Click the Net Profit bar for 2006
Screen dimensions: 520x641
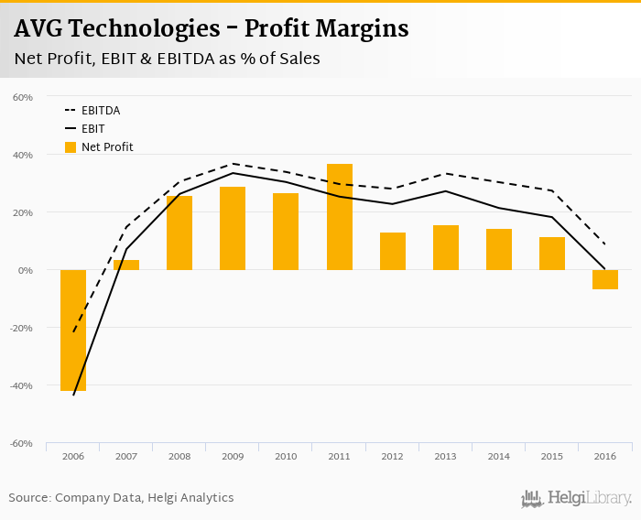73,330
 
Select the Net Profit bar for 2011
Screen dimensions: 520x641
339,217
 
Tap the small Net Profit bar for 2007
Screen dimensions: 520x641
126,265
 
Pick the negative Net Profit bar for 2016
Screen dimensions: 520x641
604,279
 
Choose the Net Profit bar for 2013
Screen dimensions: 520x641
445,247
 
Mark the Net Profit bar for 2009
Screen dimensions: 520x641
233,228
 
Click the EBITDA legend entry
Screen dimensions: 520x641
101,111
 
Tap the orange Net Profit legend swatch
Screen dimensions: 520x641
71,147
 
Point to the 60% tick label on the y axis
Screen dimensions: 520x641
23,97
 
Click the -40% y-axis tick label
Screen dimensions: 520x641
22,385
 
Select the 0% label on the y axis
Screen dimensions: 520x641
26,270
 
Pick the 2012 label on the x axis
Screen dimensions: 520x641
392,456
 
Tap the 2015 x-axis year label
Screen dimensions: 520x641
551,456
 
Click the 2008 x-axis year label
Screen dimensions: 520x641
179,456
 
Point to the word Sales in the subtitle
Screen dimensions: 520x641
295,59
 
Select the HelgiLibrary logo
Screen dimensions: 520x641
576,498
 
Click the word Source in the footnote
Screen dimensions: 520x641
29,498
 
